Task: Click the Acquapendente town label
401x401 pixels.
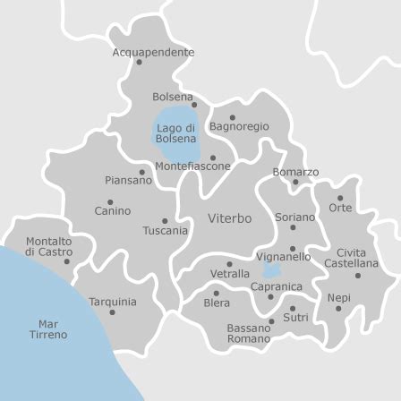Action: click(x=153, y=53)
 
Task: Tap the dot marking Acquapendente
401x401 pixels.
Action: click(x=139, y=63)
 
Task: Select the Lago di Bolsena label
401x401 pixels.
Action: click(x=175, y=133)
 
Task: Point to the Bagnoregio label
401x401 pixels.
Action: click(x=239, y=127)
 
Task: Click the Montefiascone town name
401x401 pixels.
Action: click(x=192, y=166)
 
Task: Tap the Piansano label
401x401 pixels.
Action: click(x=128, y=180)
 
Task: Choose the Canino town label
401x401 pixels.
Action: click(x=113, y=211)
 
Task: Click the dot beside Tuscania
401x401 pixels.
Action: click(x=165, y=220)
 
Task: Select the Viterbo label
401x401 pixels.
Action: click(x=230, y=218)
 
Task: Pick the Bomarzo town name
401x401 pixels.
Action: click(x=295, y=172)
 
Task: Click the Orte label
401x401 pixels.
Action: click(x=340, y=208)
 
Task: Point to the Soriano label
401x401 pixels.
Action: click(x=294, y=218)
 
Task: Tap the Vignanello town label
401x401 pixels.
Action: click(x=284, y=257)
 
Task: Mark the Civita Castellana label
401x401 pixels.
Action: click(x=351, y=259)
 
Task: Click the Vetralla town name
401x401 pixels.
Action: click(x=230, y=273)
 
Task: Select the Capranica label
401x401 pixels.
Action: click(x=277, y=286)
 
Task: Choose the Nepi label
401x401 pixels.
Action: click(x=339, y=298)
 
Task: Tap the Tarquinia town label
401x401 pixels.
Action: click(x=113, y=303)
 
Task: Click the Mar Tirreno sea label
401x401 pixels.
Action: click(x=48, y=329)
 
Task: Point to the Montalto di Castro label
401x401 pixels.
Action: click(x=49, y=247)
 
